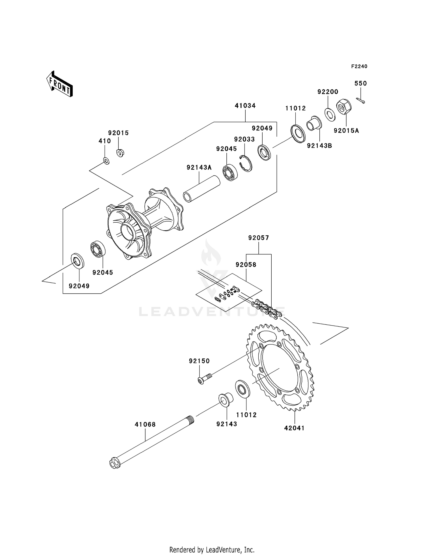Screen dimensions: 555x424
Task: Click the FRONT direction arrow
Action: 60,85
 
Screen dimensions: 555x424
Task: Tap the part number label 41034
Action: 245,106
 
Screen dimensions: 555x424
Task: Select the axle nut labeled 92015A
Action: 344,107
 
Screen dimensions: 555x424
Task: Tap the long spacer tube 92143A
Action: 202,189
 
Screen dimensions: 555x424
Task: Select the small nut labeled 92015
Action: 120,153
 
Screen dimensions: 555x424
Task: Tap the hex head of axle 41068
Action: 114,464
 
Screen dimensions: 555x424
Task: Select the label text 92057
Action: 258,238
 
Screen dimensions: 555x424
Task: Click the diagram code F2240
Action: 359,66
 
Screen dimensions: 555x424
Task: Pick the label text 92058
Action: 246,265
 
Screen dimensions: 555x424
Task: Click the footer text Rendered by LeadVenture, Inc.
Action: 212,550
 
